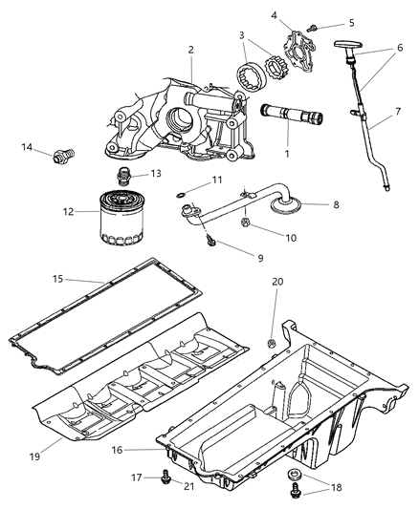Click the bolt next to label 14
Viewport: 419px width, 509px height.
click(x=66, y=154)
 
